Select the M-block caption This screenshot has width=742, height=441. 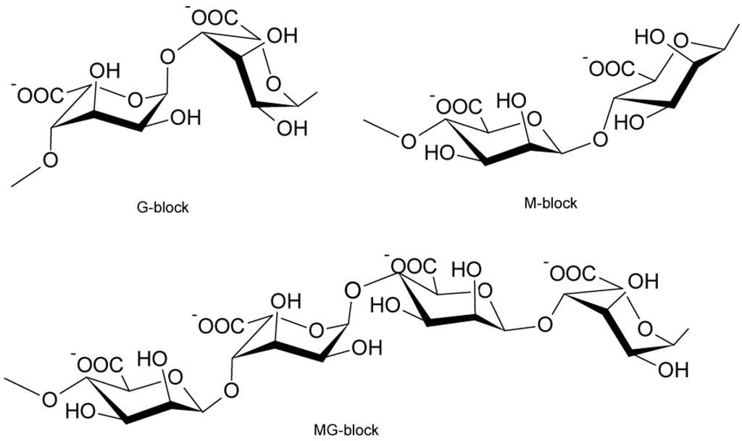[551, 203]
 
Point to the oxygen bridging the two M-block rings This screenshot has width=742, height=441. [599, 138]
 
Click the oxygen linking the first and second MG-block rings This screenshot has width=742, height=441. [231, 392]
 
